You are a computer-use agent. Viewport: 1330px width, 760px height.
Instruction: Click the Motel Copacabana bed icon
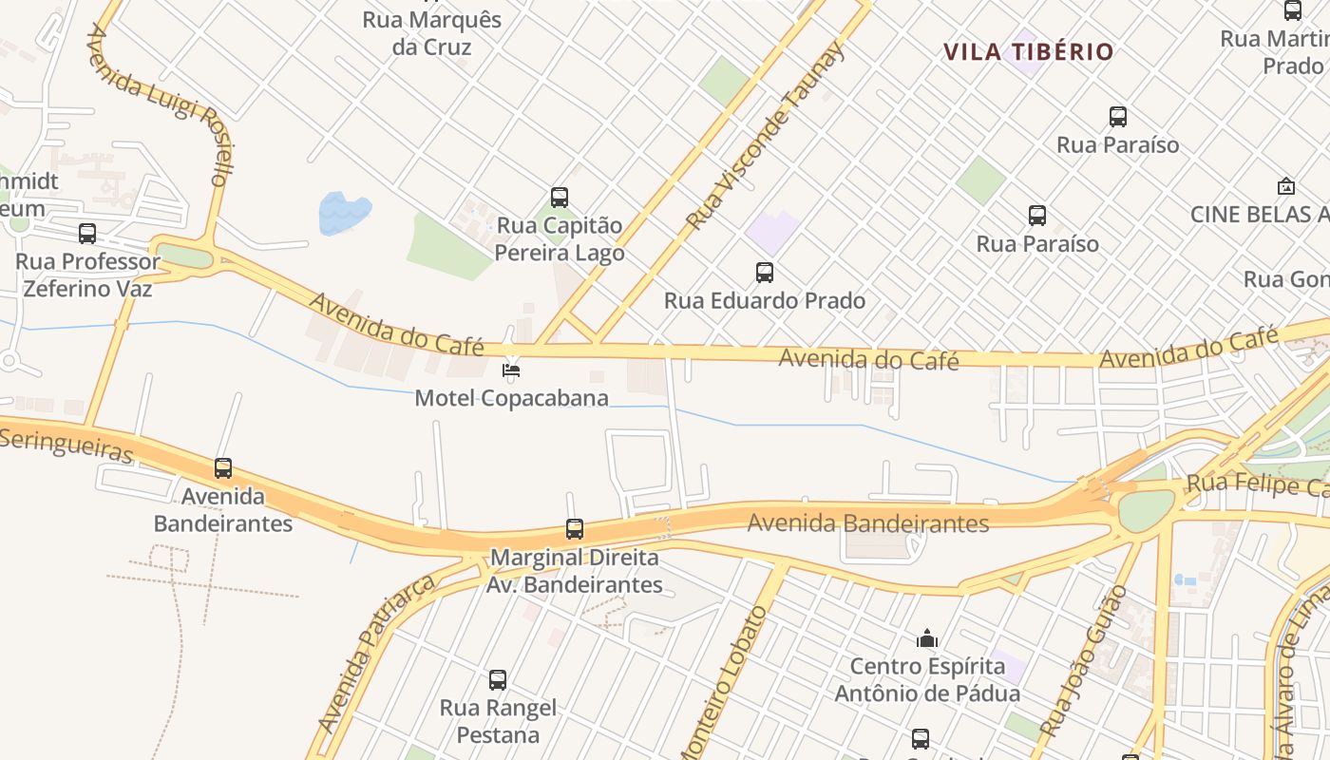pos(512,369)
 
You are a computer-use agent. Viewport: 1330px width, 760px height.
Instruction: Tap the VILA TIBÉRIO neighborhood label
pos(1028,51)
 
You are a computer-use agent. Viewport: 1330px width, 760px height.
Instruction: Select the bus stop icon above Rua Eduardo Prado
pos(765,273)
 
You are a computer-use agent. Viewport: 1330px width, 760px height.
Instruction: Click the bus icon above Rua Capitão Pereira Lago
pos(560,198)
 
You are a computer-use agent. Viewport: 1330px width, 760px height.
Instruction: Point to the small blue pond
pos(343,213)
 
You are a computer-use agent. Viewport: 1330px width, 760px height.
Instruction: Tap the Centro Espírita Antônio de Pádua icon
pos(927,637)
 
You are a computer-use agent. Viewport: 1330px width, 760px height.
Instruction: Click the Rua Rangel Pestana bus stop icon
pos(498,680)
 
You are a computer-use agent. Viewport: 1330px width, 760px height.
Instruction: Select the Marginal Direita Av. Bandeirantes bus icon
pos(575,529)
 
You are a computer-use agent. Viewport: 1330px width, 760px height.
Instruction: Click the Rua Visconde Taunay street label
pos(766,136)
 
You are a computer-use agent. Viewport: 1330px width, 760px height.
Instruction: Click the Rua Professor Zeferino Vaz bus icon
pos(87,233)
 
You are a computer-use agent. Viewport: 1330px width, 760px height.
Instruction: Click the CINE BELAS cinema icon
pos(1286,186)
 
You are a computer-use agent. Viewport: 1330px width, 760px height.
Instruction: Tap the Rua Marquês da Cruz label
pos(432,33)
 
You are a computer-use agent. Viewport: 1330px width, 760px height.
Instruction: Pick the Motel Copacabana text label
pos(511,397)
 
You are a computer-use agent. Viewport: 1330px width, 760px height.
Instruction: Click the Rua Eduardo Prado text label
pos(765,301)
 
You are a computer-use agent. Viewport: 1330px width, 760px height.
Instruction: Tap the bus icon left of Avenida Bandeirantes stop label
pos(223,468)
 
